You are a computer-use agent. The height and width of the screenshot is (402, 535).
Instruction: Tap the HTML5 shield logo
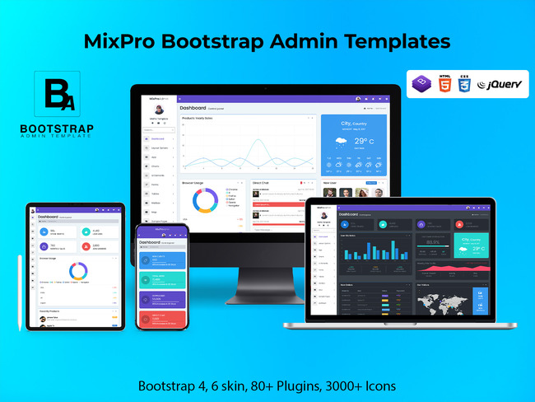[445, 82]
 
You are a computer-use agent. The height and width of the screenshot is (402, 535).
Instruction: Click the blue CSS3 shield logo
[465, 83]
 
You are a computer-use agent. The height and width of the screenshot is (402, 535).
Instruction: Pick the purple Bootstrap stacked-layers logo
[422, 84]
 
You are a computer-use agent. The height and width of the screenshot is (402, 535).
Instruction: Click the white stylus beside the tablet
[21, 292]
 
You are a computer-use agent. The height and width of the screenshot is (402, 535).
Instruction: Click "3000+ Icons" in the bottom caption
[361, 386]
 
